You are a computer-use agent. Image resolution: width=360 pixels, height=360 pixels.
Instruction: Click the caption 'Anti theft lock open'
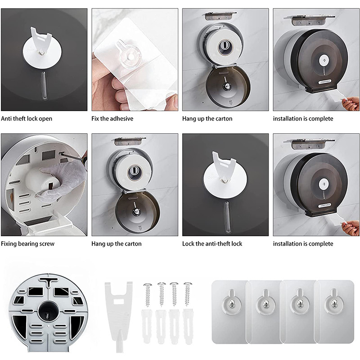(27, 119)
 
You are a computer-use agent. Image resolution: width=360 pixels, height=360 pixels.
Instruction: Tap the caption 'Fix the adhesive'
(112, 119)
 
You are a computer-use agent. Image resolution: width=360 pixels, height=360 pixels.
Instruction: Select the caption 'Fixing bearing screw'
(27, 244)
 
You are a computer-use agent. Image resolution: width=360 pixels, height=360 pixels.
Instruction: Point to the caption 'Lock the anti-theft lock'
(212, 243)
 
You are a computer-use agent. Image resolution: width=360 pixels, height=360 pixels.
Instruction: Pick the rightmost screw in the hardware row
(188, 295)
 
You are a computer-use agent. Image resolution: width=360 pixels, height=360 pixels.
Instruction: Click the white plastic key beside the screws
(118, 315)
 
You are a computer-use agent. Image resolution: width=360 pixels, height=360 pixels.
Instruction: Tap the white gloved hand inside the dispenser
(62, 181)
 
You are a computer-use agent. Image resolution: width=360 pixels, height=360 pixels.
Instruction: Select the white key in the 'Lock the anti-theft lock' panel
(223, 166)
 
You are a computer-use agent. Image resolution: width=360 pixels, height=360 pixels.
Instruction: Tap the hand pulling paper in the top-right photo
(350, 103)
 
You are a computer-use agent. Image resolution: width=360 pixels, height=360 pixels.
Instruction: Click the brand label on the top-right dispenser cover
(324, 82)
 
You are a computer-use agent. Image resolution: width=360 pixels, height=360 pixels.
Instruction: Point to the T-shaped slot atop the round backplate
(49, 281)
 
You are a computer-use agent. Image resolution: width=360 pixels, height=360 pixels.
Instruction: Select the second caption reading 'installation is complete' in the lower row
(303, 244)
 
